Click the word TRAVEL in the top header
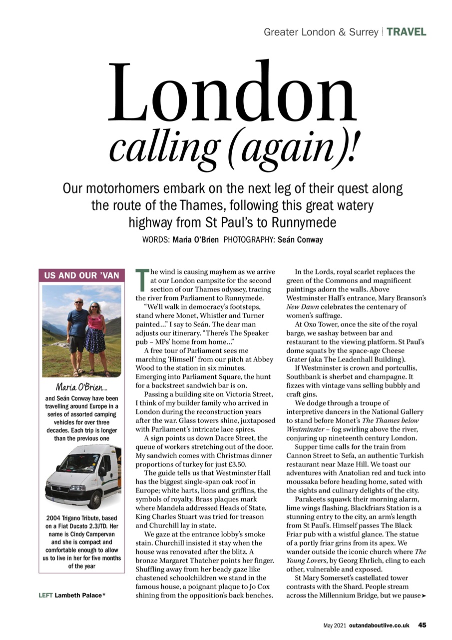pos(406,32)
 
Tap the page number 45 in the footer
pos(422,624)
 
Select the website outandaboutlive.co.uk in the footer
pos(379,625)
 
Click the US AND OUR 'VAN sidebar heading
pos(81,275)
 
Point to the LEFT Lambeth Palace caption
pos(72,595)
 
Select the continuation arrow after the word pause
pos(424,596)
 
